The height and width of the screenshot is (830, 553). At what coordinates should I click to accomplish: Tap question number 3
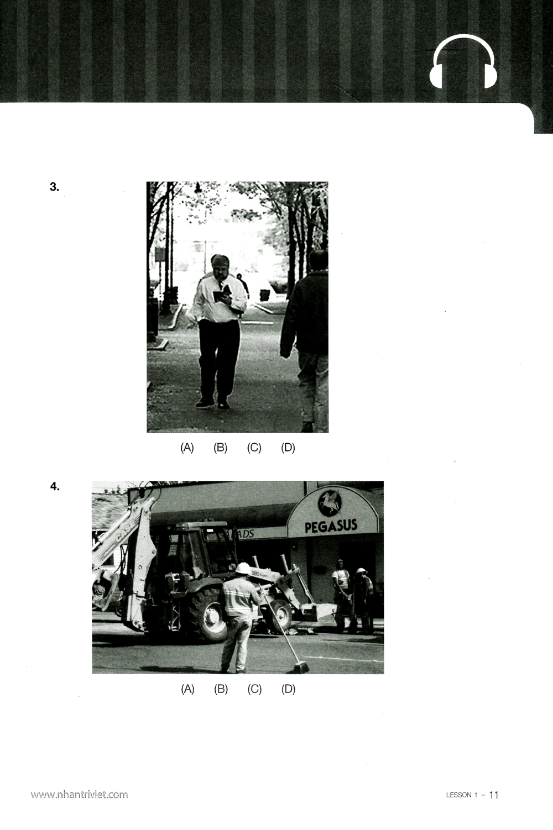point(54,187)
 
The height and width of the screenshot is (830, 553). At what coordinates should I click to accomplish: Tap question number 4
point(55,487)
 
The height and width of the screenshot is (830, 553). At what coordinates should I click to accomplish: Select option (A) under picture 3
point(187,448)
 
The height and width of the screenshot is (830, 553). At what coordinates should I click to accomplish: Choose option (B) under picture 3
point(221,448)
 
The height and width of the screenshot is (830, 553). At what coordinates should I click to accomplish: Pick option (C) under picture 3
point(254,448)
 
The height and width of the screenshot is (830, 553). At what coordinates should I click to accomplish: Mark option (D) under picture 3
point(288,448)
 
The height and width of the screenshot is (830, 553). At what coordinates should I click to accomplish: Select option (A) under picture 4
point(188,689)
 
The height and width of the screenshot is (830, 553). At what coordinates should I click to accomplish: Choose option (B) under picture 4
point(221,689)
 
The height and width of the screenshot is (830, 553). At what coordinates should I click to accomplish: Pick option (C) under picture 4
point(255,689)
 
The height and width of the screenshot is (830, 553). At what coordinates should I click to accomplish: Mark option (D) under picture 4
point(289,689)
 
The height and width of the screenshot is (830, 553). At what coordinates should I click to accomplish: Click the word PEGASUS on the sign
point(331,526)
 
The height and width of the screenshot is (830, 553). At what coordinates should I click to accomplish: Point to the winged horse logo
point(330,503)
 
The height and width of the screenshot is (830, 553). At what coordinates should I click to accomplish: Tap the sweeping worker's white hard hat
point(243,568)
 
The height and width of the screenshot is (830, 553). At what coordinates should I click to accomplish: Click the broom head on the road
point(300,668)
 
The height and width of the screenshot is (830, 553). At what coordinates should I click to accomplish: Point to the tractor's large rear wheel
point(206,613)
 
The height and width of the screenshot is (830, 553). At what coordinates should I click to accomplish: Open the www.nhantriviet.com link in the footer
point(79,795)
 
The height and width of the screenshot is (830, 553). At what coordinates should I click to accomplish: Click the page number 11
point(494,795)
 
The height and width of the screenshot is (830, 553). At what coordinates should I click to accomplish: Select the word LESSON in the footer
point(458,795)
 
